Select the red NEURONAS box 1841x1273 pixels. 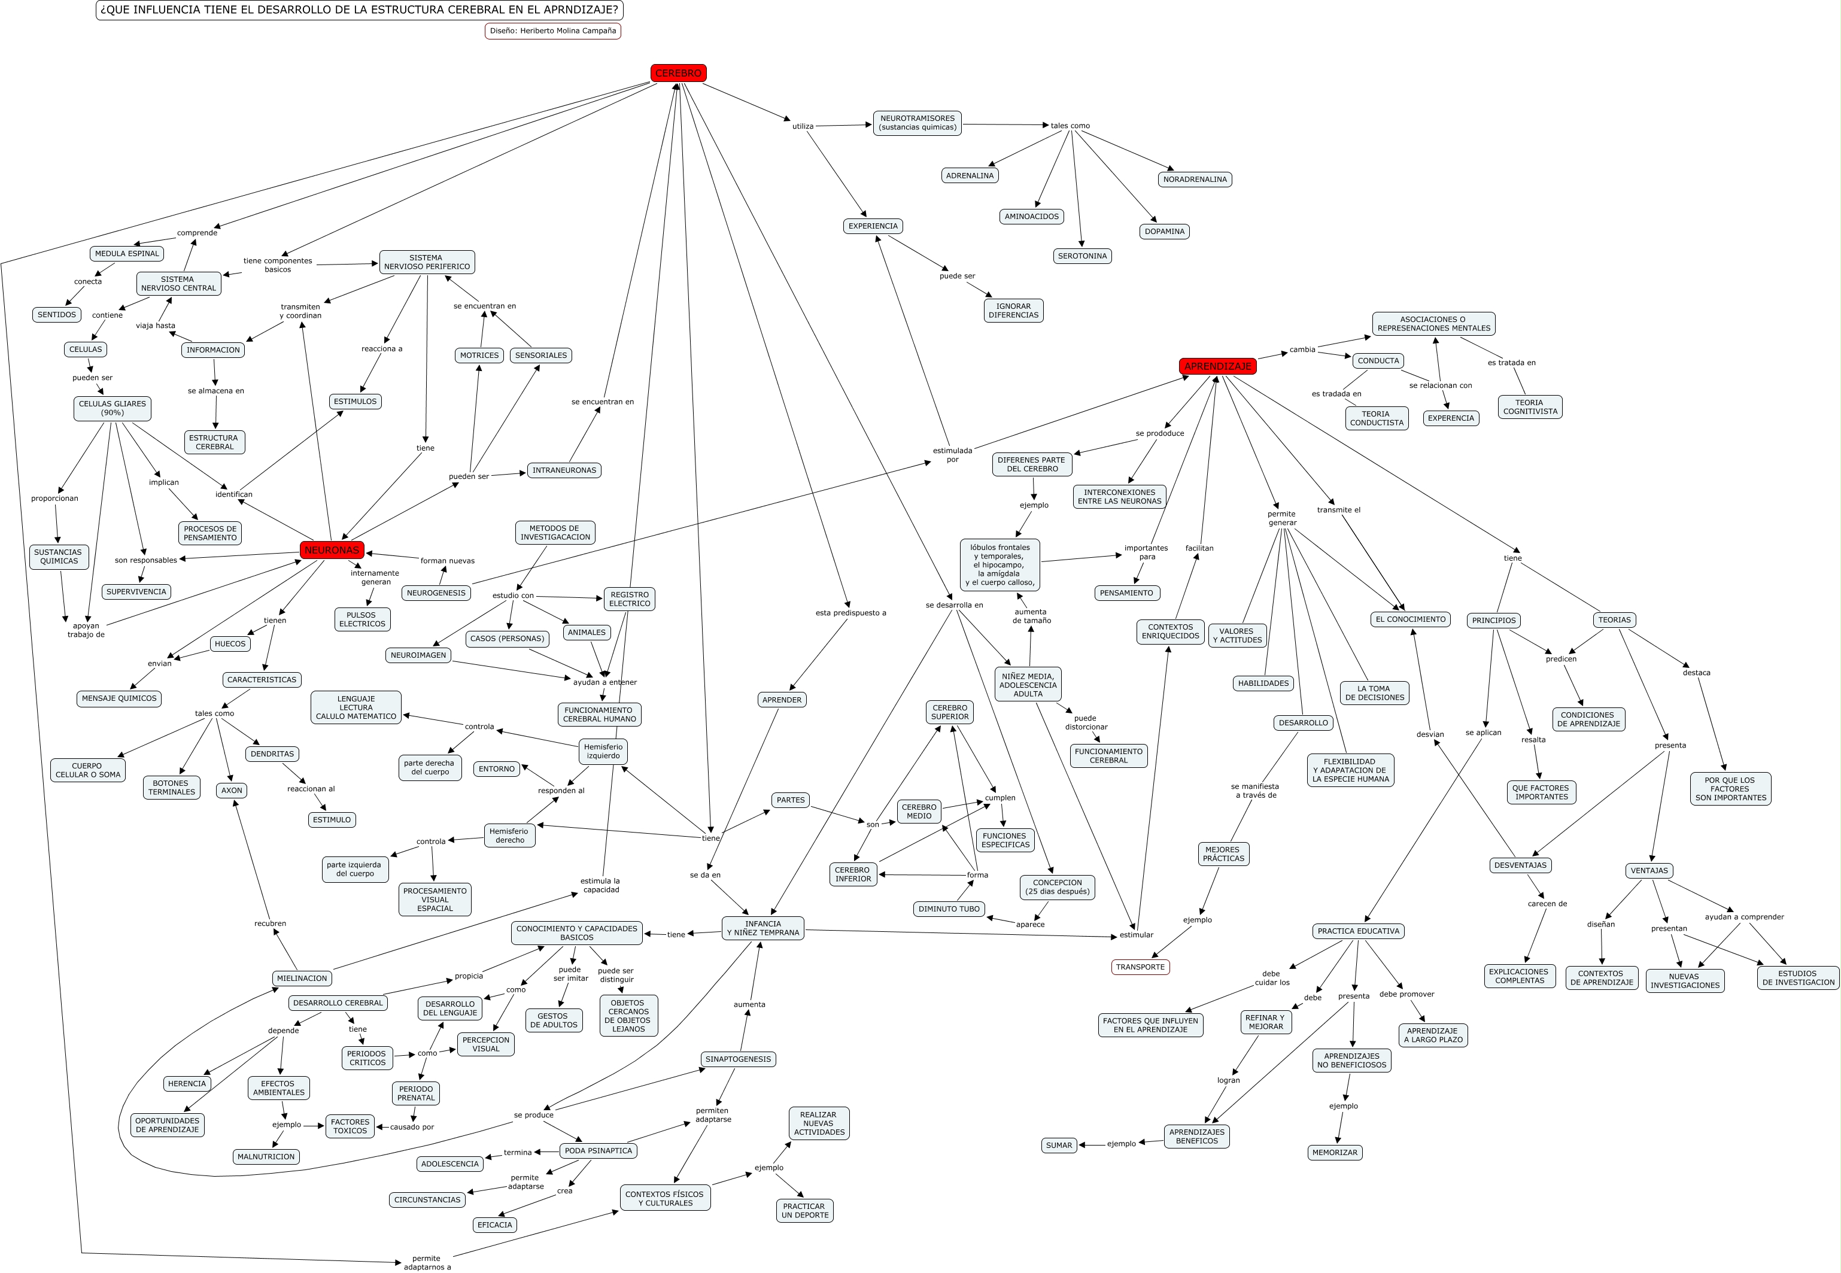tap(332, 549)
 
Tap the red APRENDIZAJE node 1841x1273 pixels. tap(1217, 366)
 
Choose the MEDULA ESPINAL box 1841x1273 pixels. tap(127, 254)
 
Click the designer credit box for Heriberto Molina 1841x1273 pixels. tap(553, 31)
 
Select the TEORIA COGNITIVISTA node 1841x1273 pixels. tap(1529, 407)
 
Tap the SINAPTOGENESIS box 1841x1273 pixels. tap(738, 1059)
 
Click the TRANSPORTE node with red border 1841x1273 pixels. tap(1140, 967)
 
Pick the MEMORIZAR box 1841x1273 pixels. tap(1335, 1153)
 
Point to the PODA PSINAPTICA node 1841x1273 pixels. tap(599, 1150)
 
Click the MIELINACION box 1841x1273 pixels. tap(302, 978)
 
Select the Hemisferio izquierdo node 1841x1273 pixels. tap(603, 751)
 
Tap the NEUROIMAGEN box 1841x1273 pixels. tap(418, 655)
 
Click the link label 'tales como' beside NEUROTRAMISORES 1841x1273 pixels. tap(1070, 126)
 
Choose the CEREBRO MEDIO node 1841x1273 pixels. tap(919, 811)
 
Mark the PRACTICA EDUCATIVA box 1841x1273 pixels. tap(1357, 931)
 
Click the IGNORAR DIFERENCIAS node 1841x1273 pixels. tap(1013, 310)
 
